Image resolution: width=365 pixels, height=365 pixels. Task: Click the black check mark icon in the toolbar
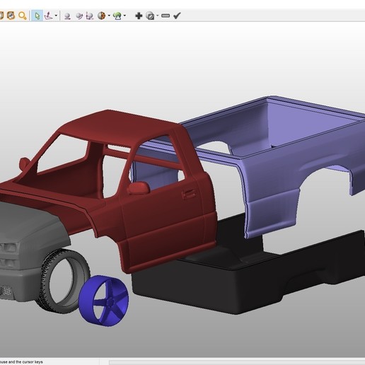[x=177, y=15]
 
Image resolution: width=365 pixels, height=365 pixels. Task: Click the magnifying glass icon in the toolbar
[x=23, y=15]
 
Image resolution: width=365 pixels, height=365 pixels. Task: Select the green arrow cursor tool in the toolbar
[x=37, y=15]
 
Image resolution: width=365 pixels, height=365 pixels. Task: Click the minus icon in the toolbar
[x=165, y=15]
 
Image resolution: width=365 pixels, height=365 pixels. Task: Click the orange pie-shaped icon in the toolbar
[x=102, y=15]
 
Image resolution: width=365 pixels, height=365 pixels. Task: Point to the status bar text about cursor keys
[x=21, y=361]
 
